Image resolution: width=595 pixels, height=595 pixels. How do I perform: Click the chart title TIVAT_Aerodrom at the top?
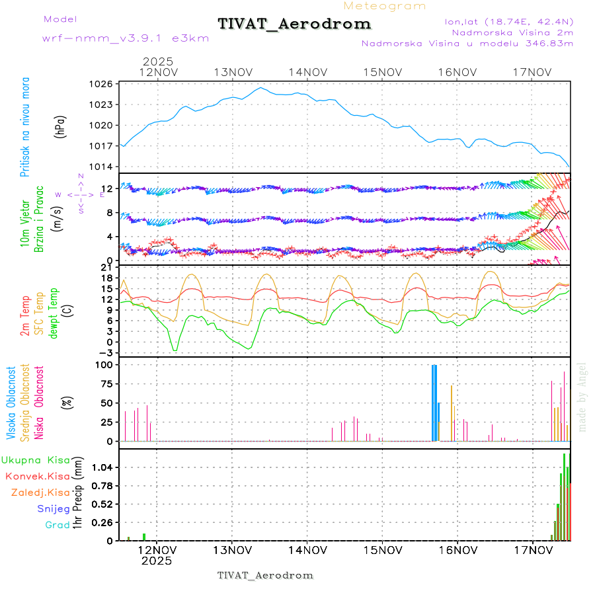pos(294,24)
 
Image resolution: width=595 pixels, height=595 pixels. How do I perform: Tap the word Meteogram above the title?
pos(385,6)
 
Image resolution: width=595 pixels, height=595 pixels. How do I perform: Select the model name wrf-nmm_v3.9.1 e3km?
pos(126,38)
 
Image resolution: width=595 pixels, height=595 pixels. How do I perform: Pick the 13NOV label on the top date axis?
pos(233,72)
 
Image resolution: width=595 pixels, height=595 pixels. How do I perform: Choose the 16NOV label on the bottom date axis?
pos(457,549)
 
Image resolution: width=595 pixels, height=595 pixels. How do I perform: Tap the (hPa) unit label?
pos(61,126)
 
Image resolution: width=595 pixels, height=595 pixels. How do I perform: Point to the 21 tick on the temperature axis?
pos(107,267)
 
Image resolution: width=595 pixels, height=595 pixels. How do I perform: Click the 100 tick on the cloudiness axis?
pos(104,364)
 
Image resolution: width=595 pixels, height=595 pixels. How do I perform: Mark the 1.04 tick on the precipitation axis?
pos(103,467)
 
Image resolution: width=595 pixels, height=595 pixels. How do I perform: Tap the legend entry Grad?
pos(57,525)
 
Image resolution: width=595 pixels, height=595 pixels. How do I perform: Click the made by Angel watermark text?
pos(582,397)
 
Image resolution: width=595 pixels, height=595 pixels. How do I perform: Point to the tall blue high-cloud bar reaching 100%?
pos(434,402)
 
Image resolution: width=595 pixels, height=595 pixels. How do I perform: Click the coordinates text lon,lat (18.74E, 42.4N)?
pos(509,21)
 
